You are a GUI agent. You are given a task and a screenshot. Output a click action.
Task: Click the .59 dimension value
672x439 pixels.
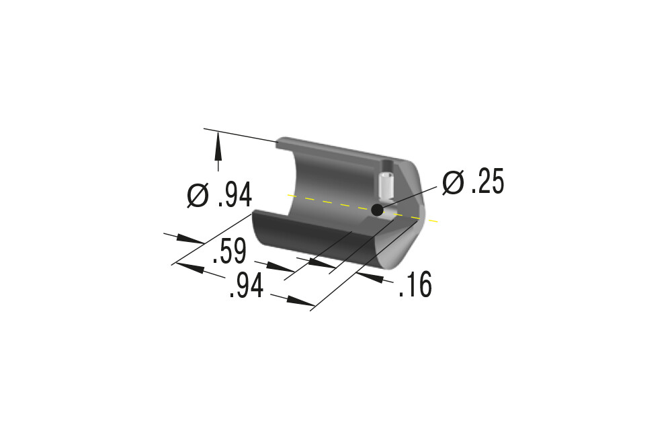coord(230,251)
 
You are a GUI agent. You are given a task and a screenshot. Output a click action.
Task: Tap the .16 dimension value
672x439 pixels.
coord(415,284)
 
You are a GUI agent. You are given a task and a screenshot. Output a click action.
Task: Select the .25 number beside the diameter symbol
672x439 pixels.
coord(488,182)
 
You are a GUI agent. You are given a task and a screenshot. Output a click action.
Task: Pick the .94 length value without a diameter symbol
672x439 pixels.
coord(247,286)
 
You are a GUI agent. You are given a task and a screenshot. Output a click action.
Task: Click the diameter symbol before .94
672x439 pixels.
coord(198,196)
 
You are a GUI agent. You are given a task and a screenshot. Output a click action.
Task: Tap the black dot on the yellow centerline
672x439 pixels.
coord(377,210)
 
